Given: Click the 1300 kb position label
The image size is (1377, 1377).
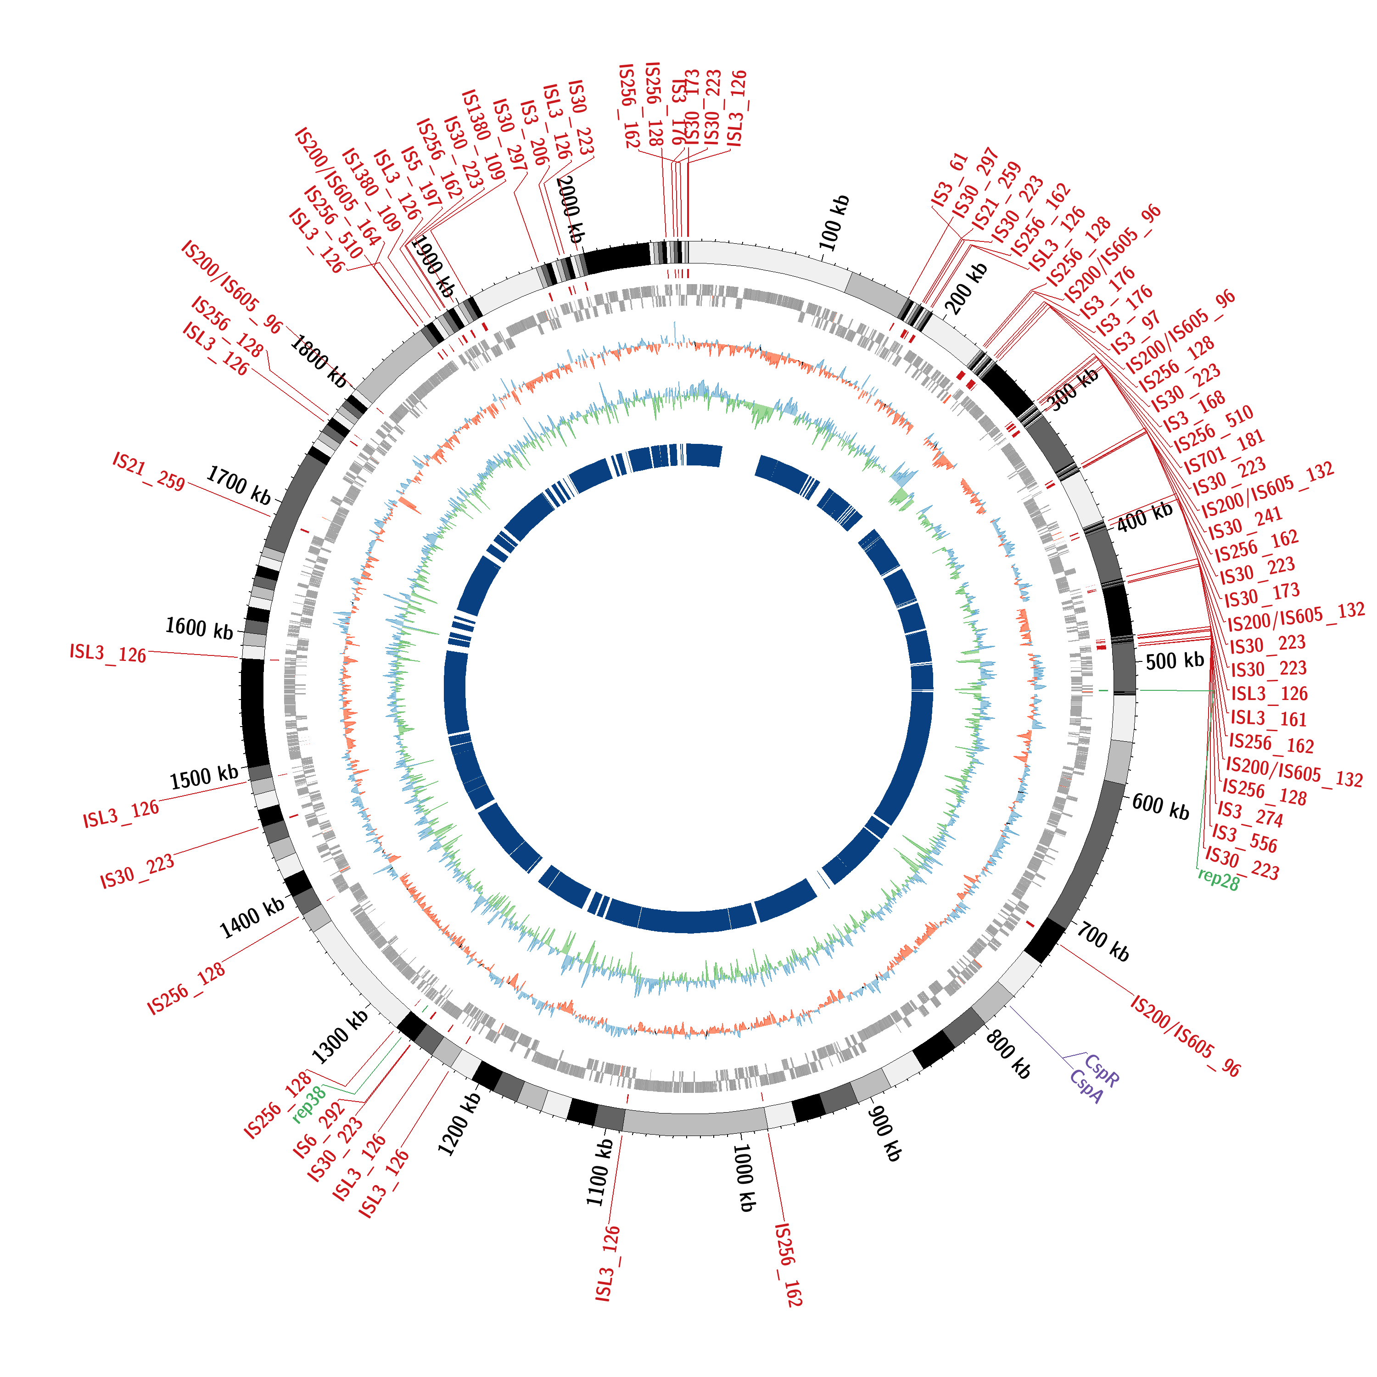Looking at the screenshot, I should (x=340, y=1037).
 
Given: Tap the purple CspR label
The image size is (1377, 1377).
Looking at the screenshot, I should (x=1102, y=1071).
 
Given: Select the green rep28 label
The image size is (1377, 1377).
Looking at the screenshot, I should (x=1219, y=879).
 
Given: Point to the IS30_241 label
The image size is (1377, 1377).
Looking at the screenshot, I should (x=1245, y=524).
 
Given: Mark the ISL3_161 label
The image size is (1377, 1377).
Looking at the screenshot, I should (x=1269, y=718).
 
